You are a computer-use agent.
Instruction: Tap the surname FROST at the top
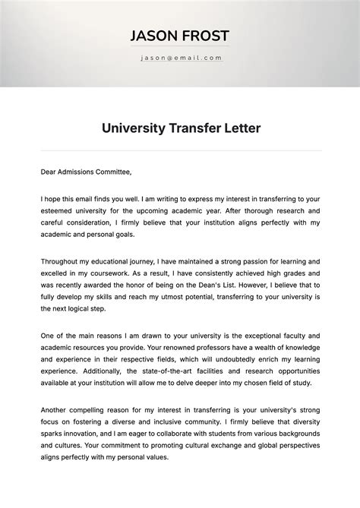(204, 36)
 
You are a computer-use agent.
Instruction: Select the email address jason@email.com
(180, 58)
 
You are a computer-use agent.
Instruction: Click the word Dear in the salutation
(49, 172)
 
